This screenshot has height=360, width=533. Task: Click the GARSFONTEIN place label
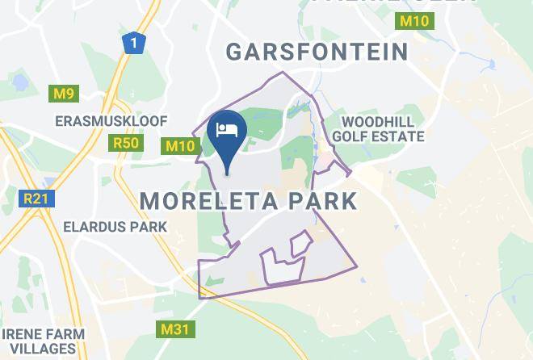pos(317,52)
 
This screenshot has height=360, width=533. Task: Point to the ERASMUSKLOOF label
pos(111,121)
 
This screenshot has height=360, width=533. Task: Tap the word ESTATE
pos(399,136)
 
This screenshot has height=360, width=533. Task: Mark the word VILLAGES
pos(38,350)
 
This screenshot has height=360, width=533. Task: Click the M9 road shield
pos(64,94)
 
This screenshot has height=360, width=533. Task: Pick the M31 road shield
pos(170,329)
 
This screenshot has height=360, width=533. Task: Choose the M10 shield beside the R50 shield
pos(181,146)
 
